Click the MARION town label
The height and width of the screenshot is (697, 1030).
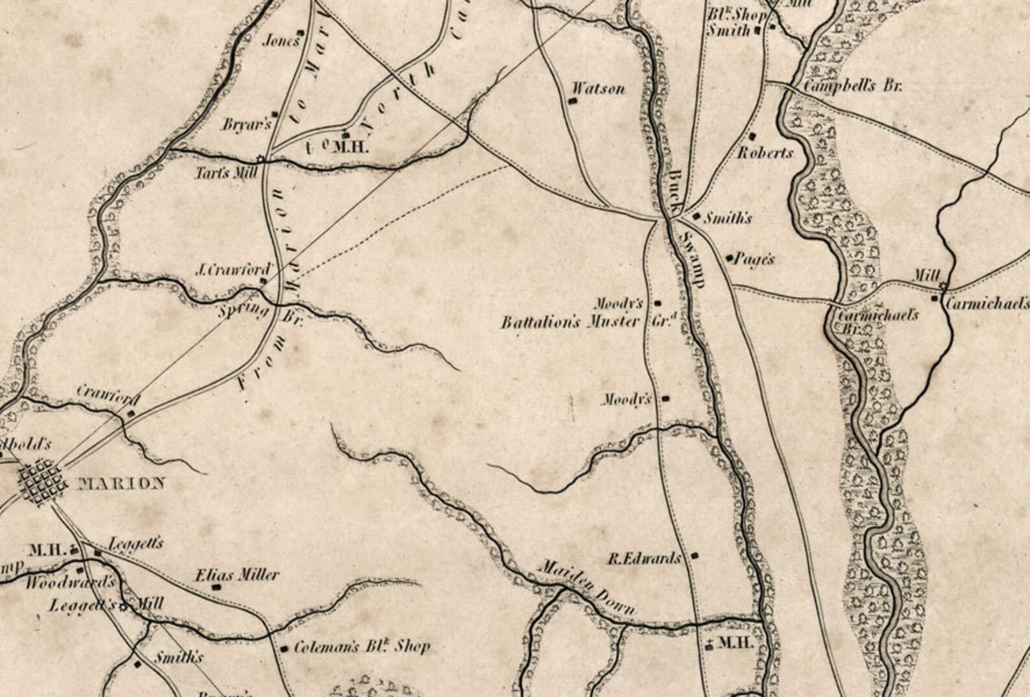[121, 483]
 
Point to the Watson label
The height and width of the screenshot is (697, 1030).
[599, 89]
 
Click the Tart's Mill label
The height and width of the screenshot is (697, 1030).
[227, 173]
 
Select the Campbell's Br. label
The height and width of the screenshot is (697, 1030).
[852, 86]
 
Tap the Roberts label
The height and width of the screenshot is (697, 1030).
[765, 153]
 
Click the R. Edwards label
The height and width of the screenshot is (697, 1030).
[644, 558]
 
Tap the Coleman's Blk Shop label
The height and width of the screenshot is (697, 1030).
[361, 646]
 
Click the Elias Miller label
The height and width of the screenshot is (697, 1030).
[237, 574]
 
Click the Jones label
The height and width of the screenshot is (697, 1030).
[281, 41]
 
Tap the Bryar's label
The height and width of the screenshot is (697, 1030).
[246, 124]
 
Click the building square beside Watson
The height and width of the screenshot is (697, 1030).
[572, 101]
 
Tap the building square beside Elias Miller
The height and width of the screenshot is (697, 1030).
[217, 587]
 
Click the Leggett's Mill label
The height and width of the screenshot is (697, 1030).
[106, 606]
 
